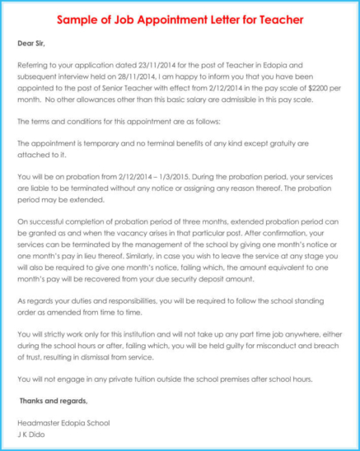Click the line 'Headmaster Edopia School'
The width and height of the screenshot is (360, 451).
coord(63,423)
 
